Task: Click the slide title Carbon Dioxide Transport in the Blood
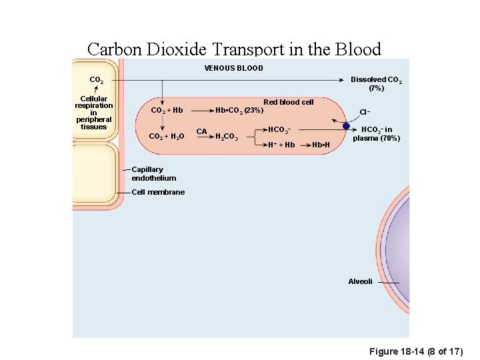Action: pos(234,49)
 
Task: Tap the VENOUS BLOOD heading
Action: pos(233,68)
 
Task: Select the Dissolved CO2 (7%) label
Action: pos(376,83)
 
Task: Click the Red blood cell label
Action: pos(288,102)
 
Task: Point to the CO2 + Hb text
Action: pos(167,110)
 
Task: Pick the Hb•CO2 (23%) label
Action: pos(239,110)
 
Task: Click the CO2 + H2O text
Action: pos(167,137)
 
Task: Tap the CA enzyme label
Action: pos(201,131)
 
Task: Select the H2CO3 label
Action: pos(227,137)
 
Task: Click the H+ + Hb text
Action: pos(281,145)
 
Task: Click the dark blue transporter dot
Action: pos(346,126)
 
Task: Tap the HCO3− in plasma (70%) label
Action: pos(377,134)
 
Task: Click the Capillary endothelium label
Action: pos(154,173)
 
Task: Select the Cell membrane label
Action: pos(158,192)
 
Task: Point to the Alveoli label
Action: pos(360,281)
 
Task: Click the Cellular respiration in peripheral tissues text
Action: pos(93,113)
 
